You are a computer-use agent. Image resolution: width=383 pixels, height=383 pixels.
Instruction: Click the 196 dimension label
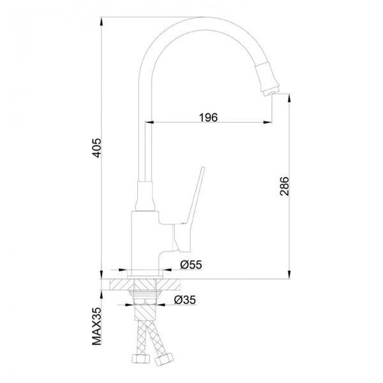click(x=208, y=117)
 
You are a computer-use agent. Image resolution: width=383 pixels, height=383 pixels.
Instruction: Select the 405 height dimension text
click(x=97, y=148)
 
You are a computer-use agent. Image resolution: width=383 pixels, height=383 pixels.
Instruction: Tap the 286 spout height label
click(x=284, y=186)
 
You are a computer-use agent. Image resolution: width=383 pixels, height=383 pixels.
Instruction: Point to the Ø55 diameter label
click(x=191, y=264)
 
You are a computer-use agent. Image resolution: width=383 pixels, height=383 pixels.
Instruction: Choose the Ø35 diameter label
click(x=185, y=300)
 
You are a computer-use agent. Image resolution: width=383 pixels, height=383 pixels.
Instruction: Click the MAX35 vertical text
click(x=96, y=326)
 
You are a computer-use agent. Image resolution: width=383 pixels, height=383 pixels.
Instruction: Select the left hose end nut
click(x=140, y=359)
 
